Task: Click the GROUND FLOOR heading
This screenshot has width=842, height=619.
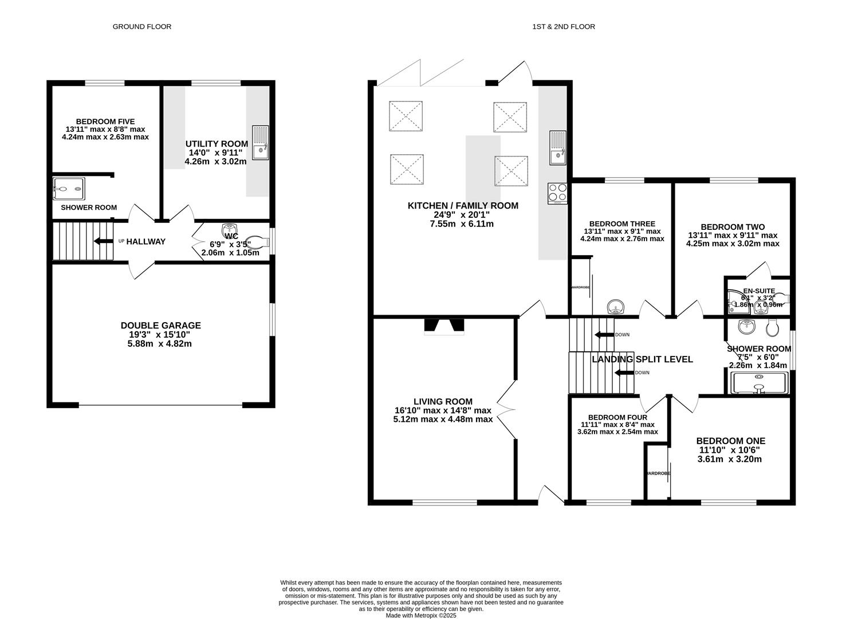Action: click(x=141, y=26)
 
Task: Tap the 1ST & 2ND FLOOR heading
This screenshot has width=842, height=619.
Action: click(x=564, y=26)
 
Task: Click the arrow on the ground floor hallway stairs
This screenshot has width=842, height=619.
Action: click(x=104, y=241)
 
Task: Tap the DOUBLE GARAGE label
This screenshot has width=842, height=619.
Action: click(x=160, y=325)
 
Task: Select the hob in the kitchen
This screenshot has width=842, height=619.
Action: click(x=557, y=193)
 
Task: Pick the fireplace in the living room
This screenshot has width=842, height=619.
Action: click(x=443, y=326)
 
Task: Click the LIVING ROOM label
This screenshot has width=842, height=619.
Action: click(x=443, y=402)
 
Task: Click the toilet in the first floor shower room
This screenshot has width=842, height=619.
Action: click(x=772, y=327)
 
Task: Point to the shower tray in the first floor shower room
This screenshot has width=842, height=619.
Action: click(x=760, y=383)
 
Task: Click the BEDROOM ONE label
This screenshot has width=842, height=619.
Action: click(x=730, y=441)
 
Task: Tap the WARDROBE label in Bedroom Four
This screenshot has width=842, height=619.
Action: click(x=658, y=473)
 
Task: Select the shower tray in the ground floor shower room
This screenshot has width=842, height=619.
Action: click(x=69, y=187)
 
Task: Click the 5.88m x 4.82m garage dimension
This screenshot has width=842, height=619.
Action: click(x=159, y=344)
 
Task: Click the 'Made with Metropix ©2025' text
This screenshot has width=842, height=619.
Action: click(x=421, y=616)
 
